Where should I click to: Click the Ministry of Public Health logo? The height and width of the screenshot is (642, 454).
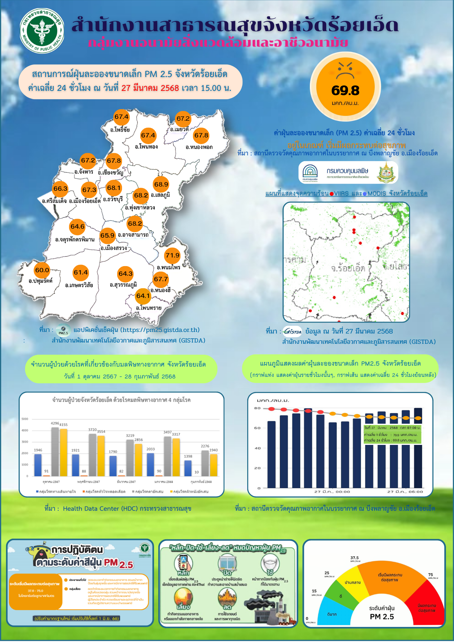tap(42, 31)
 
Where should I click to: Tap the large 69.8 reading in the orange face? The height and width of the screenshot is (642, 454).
tap(345, 91)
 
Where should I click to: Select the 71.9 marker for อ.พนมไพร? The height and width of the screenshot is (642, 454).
tap(172, 256)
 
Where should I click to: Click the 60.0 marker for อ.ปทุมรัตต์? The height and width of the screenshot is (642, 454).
tap(42, 270)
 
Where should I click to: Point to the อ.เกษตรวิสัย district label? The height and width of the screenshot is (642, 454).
tap(79, 285)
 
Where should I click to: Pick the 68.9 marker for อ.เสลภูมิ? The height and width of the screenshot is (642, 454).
tap(161, 185)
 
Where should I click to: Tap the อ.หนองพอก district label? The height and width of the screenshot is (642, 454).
tap(199, 147)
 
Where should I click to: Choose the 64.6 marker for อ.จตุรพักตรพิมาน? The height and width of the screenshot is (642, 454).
tap(77, 227)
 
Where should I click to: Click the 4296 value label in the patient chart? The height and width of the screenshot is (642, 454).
tap(55, 423)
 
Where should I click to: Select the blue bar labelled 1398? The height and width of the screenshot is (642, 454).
tap(188, 468)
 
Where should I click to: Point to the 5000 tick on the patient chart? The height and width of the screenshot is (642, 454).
tap(25, 419)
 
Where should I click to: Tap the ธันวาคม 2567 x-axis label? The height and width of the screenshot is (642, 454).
tap(126, 482)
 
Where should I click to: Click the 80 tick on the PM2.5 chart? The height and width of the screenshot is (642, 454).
tap(258, 408)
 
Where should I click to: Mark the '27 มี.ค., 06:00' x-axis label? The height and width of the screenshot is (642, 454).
tap(405, 492)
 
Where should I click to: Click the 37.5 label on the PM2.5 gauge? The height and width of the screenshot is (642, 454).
tap(354, 558)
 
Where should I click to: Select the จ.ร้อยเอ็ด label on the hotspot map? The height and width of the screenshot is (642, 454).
tap(348, 268)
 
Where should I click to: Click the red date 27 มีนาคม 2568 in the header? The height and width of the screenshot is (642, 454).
tap(150, 88)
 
